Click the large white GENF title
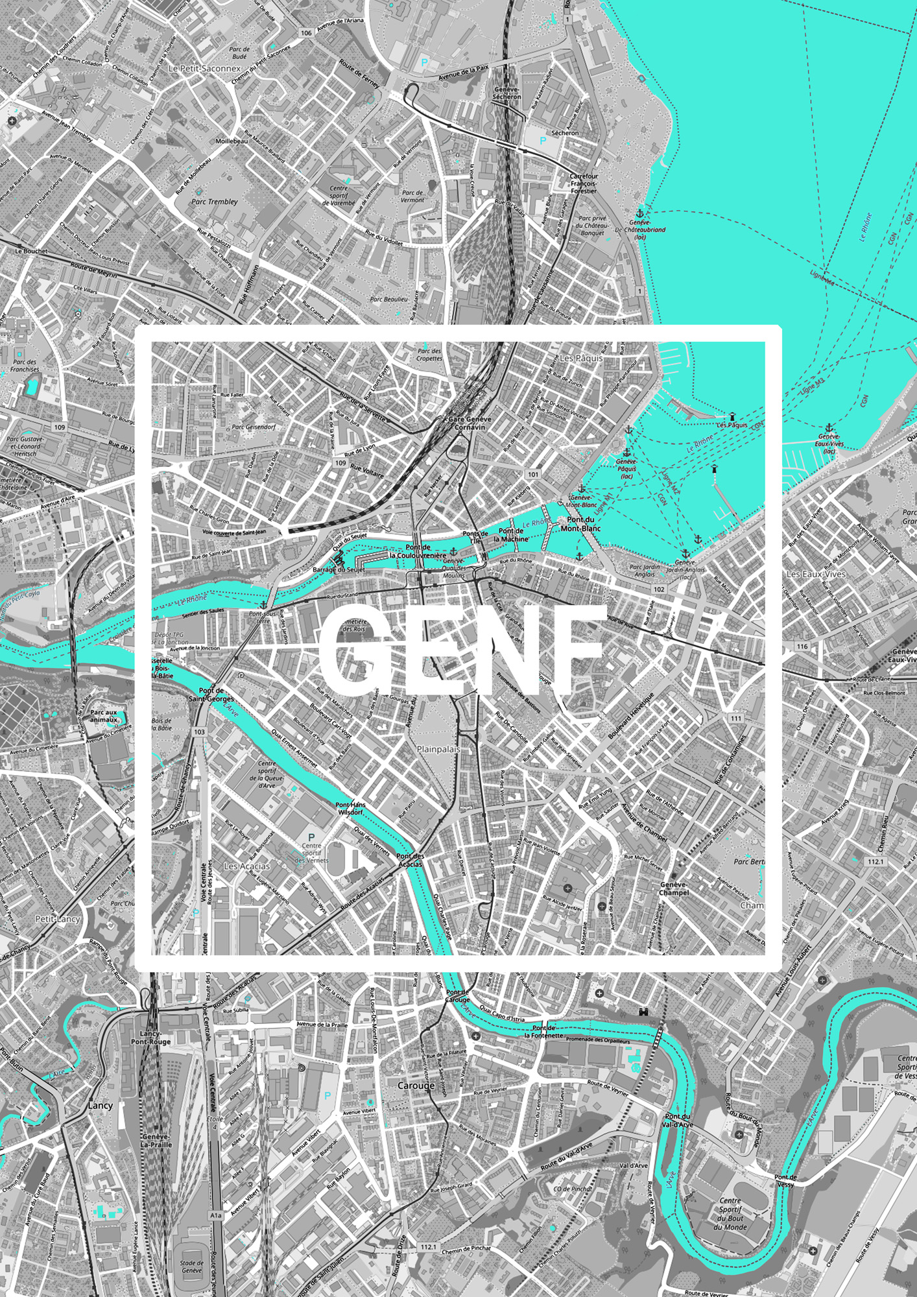462,650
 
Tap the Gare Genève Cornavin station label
470,423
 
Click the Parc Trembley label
215,202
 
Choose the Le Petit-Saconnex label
204,68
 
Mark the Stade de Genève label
191,1266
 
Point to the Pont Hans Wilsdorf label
350,808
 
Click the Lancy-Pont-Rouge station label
150,1037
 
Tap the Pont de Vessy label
785,1180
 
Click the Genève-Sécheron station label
506,93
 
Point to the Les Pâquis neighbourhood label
580,358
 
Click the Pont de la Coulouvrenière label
418,551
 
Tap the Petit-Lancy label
57,919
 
